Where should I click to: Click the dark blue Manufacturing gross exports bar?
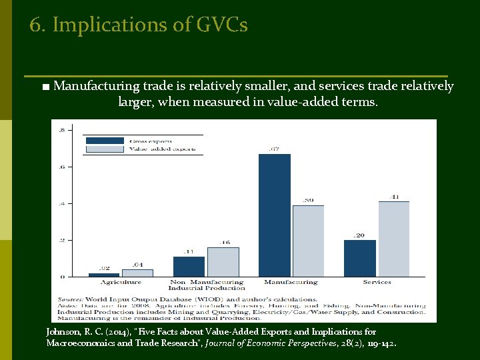pos(275,215)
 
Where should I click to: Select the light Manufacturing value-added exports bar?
pos(308,241)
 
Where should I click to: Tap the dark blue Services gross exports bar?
pos(361,258)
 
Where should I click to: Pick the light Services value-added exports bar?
pos(393,239)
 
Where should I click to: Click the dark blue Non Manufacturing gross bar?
pos(189,266)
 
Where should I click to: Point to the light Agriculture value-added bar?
pos(137,273)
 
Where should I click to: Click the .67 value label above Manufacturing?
pos(273,149)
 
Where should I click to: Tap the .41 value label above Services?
pos(394,197)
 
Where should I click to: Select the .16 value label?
pos(224,243)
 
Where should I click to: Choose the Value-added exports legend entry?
pos(162,149)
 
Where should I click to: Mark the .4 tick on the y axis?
pos(62,203)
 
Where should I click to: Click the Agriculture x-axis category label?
pos(121,283)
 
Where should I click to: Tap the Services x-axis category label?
pos(377,283)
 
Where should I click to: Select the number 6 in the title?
pos(35,25)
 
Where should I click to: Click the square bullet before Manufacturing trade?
pos(44,87)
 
